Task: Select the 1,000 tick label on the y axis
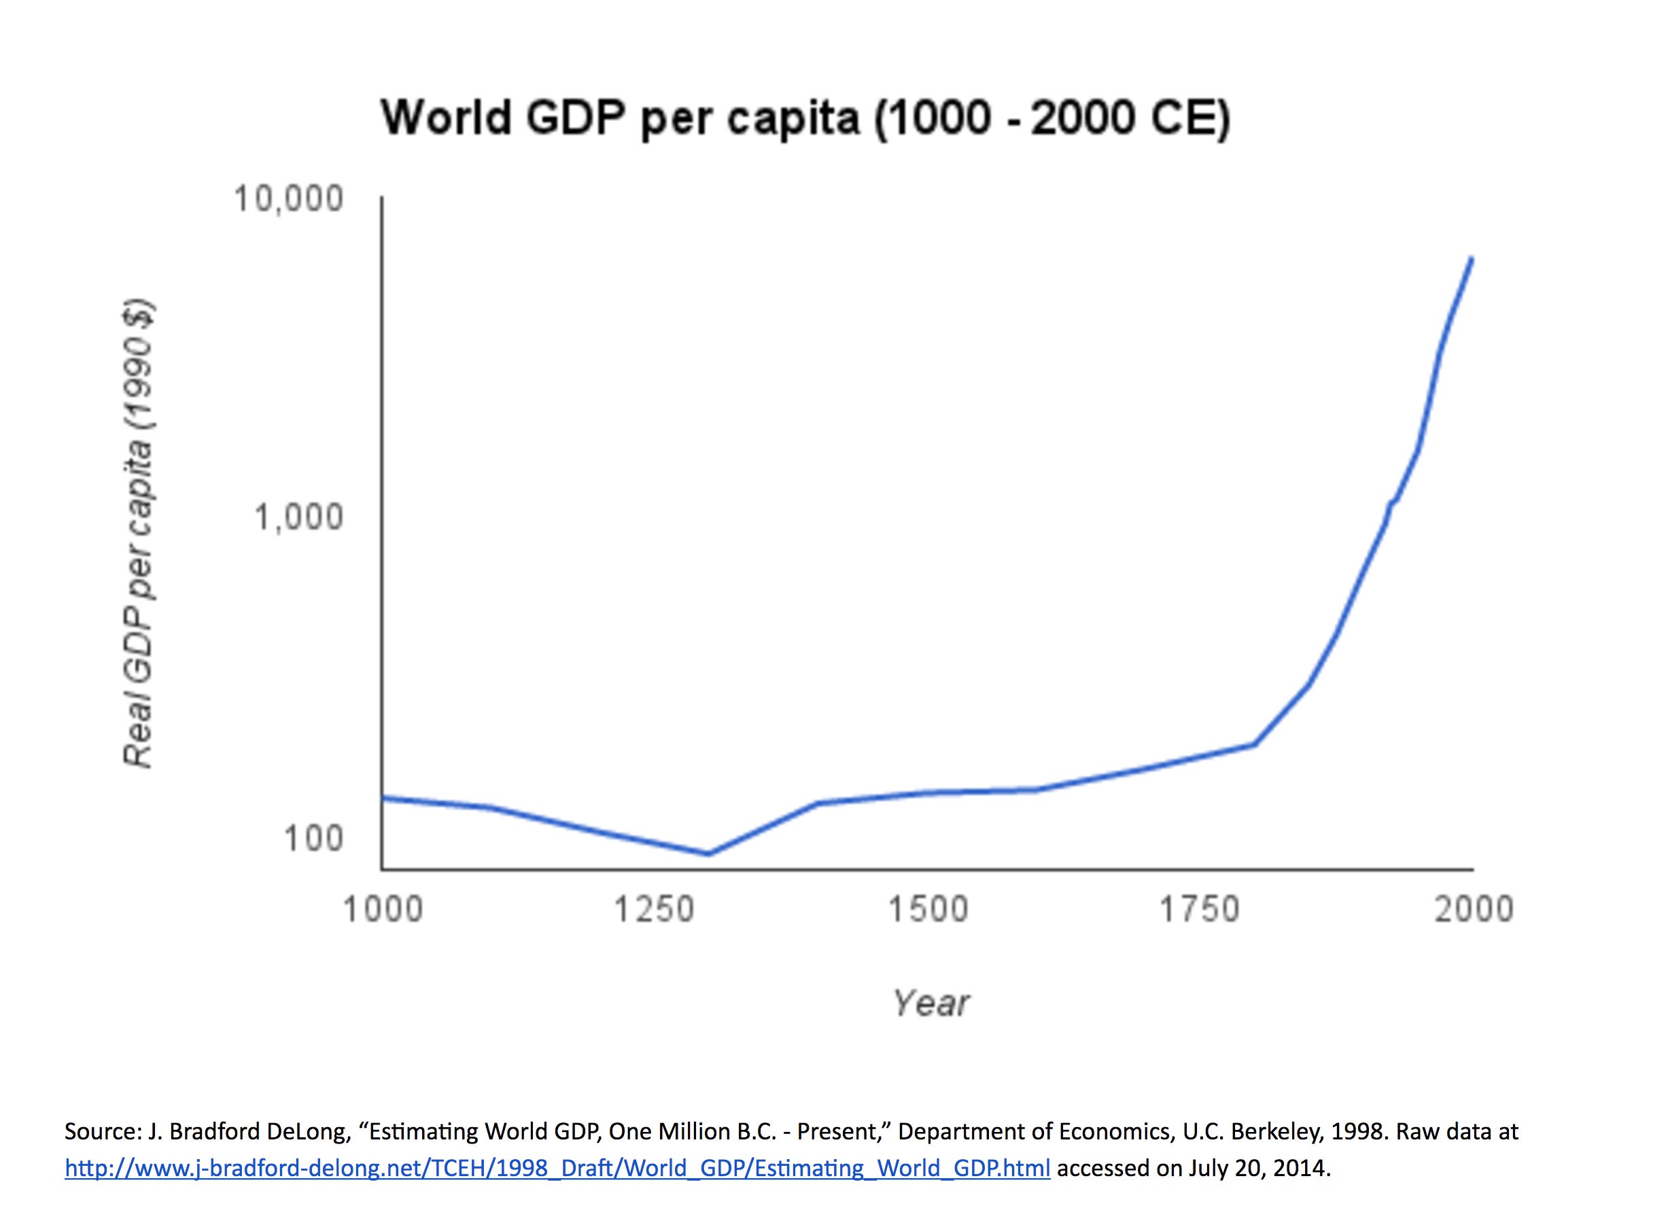coord(298,517)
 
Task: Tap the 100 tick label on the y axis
coord(313,838)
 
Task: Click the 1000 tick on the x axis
coord(383,908)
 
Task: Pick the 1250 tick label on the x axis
coord(654,908)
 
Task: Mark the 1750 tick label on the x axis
coord(1199,908)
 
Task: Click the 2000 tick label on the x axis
coord(1474,908)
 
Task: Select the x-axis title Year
coord(930,1003)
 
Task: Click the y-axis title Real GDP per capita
coord(138,534)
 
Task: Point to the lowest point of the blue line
coord(708,854)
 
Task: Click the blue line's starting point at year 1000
coord(383,797)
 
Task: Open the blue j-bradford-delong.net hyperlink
coord(557,1168)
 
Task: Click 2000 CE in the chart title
coord(1129,118)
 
